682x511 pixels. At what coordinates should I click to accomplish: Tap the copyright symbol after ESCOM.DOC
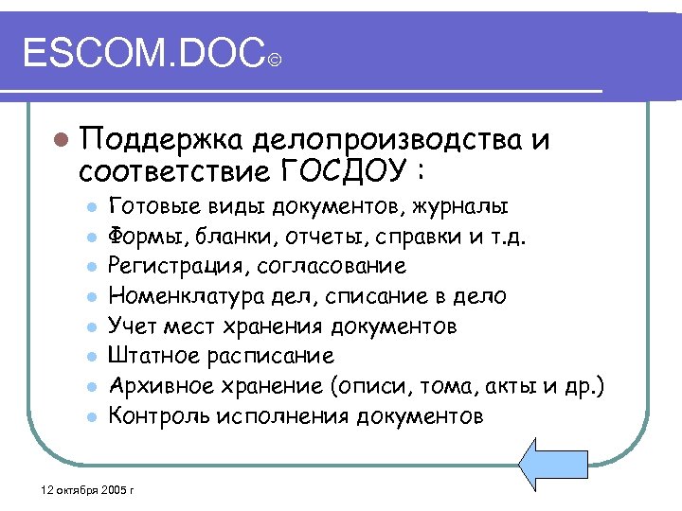click(x=273, y=62)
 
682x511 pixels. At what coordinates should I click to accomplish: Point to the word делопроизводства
click(x=387, y=142)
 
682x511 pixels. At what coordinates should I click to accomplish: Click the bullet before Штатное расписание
click(x=89, y=358)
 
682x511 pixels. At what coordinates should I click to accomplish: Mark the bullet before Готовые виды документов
click(x=89, y=206)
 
